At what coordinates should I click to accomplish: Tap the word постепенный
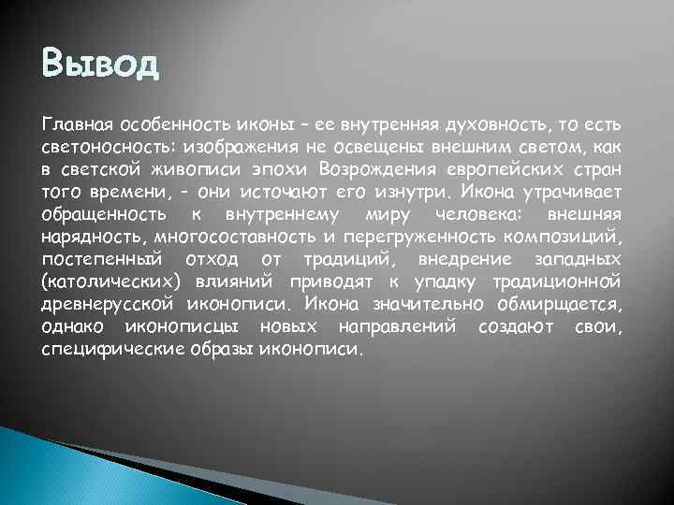tap(100, 259)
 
